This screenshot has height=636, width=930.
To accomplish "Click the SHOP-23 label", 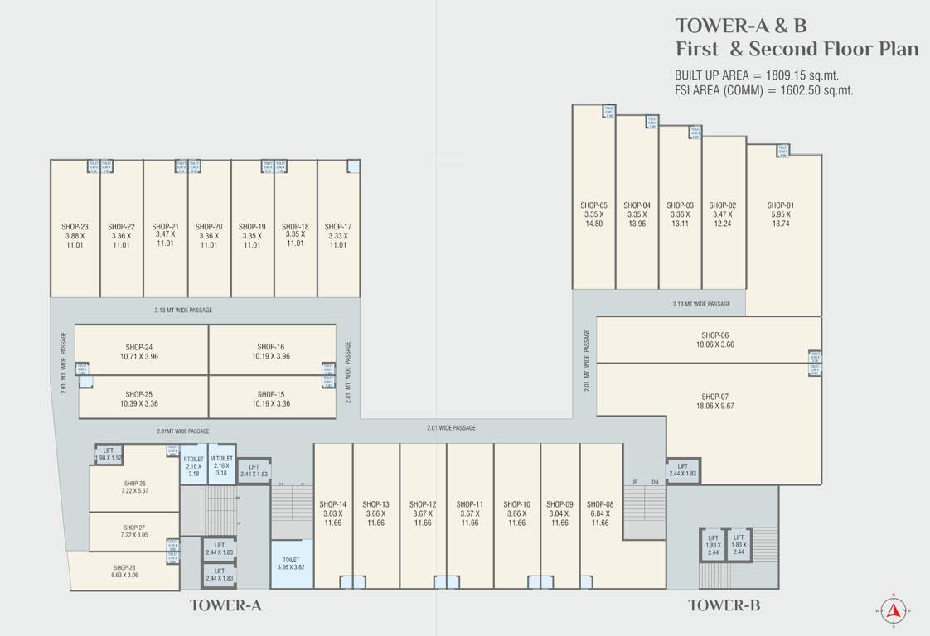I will pyautogui.click(x=75, y=226).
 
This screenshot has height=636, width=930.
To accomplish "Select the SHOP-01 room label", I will pyautogui.click(x=780, y=205).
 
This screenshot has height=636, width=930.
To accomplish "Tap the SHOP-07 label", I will pyautogui.click(x=714, y=397).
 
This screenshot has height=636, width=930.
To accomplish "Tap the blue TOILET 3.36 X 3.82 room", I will pyautogui.click(x=292, y=564).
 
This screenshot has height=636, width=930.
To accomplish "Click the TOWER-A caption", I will pyautogui.click(x=225, y=605).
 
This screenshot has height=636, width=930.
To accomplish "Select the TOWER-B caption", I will pyautogui.click(x=724, y=605).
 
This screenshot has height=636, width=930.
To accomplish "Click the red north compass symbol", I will pyautogui.click(x=893, y=611).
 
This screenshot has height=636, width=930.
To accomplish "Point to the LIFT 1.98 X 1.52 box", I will pyautogui.click(x=109, y=454).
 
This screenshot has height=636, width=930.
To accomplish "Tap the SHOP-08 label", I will pyautogui.click(x=600, y=503).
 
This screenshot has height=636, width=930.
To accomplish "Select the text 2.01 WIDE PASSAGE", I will pyautogui.click(x=451, y=428).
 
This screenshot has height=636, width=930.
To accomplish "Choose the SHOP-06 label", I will pyautogui.click(x=714, y=335).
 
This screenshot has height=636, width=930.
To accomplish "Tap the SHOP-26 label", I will pyautogui.click(x=135, y=483).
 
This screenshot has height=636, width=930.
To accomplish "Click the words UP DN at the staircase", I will pyautogui.click(x=644, y=482).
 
